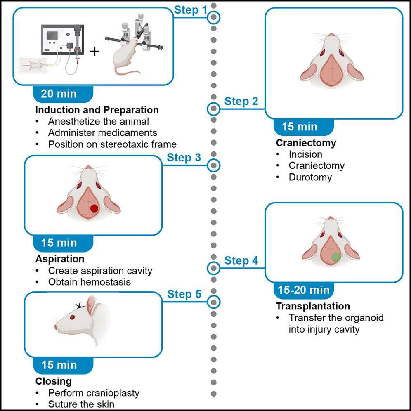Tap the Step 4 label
click(241, 261)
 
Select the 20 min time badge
click(59, 94)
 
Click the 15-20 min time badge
click(303, 290)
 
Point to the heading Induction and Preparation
click(97, 110)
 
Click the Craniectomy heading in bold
click(306, 143)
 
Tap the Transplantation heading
click(313, 306)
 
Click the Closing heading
click(53, 381)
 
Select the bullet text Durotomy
click(310, 177)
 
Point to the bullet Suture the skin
click(80, 404)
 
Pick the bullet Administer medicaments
click(102, 133)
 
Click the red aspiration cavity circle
click(94, 208)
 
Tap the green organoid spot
click(336, 257)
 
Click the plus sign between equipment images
click(95, 52)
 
